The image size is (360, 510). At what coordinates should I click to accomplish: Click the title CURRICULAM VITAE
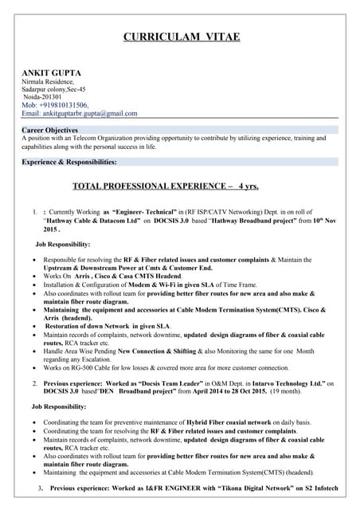181,37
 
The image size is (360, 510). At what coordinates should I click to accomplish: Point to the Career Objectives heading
50,130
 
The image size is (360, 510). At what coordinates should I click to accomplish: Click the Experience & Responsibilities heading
69,162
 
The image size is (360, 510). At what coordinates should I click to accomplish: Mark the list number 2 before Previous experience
34,383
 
